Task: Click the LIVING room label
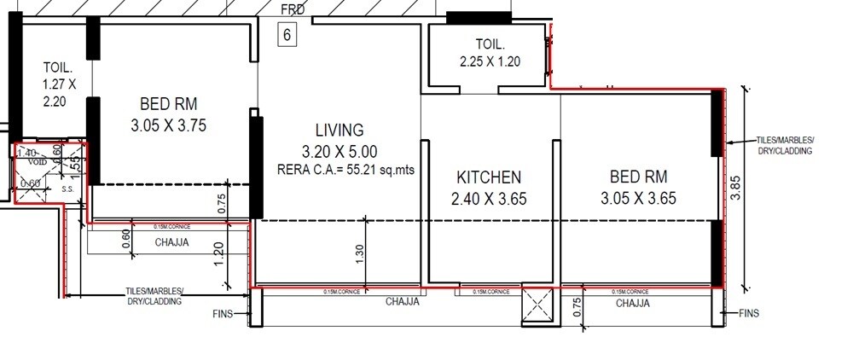(339, 131)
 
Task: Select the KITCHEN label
(489, 177)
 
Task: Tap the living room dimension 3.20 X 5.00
(339, 151)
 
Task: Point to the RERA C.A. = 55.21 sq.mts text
(339, 170)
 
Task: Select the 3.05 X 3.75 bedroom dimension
(168, 125)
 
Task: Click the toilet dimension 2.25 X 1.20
(490, 61)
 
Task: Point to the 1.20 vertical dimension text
(218, 253)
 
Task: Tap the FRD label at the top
(293, 9)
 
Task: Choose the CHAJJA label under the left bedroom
(171, 242)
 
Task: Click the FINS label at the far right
(748, 313)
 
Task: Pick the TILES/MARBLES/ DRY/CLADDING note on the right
(785, 144)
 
